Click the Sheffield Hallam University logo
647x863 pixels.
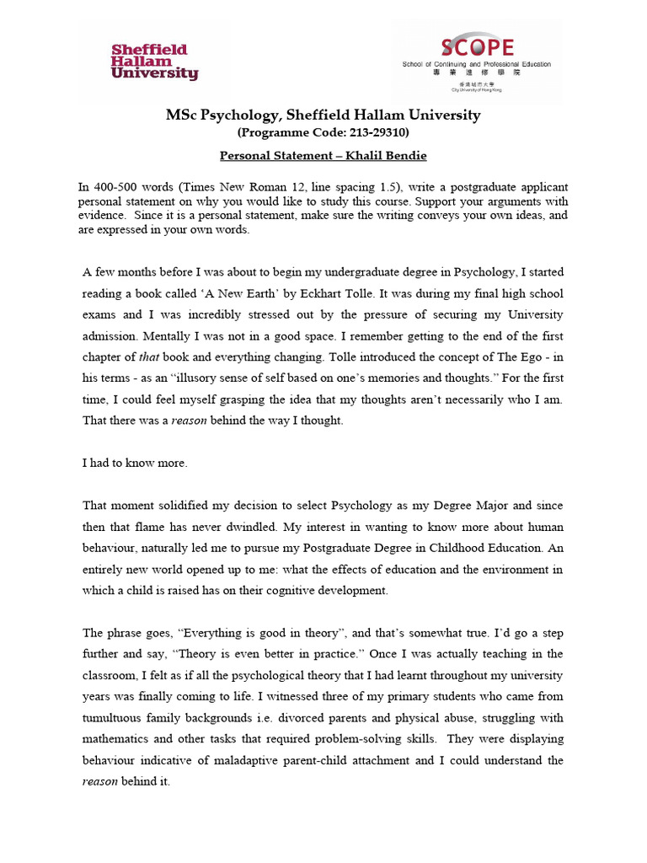[154, 62]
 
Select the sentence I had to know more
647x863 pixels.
[134, 463]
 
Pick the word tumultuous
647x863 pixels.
[119, 717]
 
